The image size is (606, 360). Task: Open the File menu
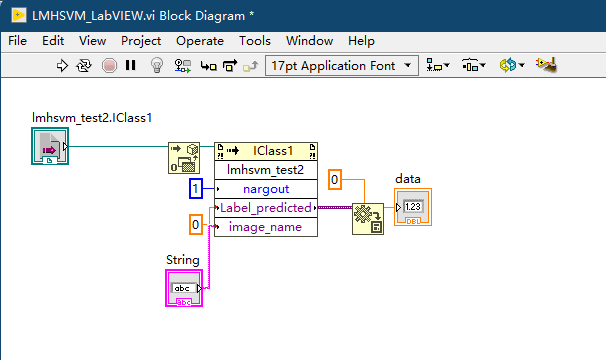pyautogui.click(x=18, y=41)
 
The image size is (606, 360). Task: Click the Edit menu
pyautogui.click(x=53, y=41)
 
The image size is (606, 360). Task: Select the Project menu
pyautogui.click(x=140, y=41)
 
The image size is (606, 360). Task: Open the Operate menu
pyautogui.click(x=200, y=41)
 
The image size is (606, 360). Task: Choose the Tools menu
pyautogui.click(x=255, y=41)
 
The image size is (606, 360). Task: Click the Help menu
pyautogui.click(x=361, y=41)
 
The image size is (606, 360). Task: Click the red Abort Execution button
pyautogui.click(x=109, y=66)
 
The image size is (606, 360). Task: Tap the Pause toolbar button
pyautogui.click(x=131, y=66)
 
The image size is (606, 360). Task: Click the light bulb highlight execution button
pyautogui.click(x=155, y=66)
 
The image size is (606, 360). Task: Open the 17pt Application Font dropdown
pyautogui.click(x=342, y=66)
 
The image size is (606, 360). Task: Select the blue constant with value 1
pyautogui.click(x=197, y=188)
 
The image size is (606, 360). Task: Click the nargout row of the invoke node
pyautogui.click(x=265, y=188)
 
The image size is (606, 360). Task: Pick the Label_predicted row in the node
pyautogui.click(x=265, y=208)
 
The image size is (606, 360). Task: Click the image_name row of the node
pyautogui.click(x=265, y=227)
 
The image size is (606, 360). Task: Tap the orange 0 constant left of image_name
pyautogui.click(x=197, y=224)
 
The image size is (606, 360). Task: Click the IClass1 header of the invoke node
pyautogui.click(x=265, y=151)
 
